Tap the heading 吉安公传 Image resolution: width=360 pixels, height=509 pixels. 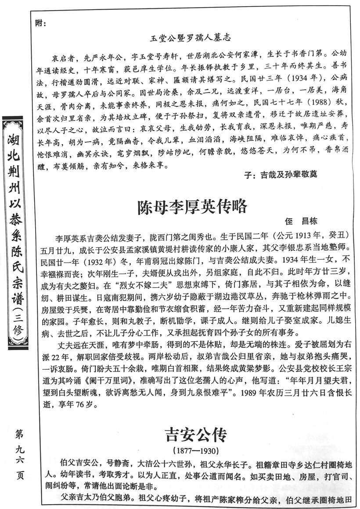click(x=195, y=435)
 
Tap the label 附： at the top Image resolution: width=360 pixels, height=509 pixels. click(x=40, y=22)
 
